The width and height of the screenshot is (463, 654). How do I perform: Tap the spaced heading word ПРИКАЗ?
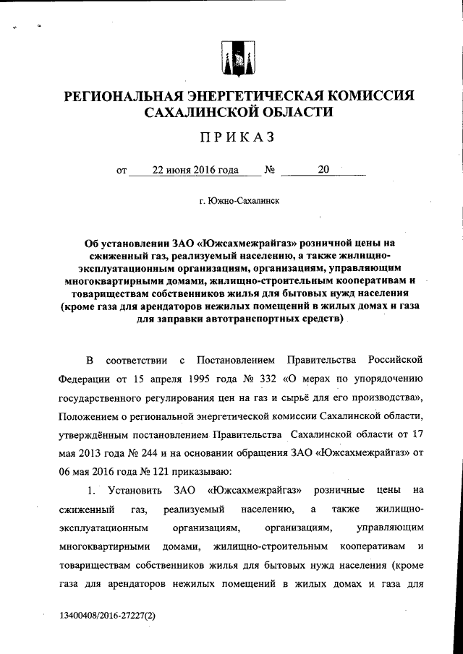231,137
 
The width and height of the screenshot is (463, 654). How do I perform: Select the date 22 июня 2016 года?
195,171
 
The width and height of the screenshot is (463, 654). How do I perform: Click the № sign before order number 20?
269,171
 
